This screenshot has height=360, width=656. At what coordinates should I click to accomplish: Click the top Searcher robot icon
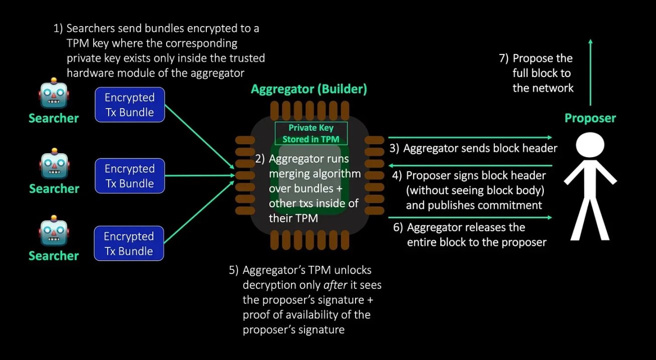pos(54,96)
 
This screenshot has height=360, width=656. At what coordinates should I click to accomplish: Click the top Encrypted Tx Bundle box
pos(130,105)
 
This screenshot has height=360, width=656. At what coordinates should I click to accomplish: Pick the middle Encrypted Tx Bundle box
pos(130,176)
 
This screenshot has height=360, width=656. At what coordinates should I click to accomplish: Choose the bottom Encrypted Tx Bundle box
pos(129,243)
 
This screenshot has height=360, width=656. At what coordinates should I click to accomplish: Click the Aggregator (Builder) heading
pos(309,89)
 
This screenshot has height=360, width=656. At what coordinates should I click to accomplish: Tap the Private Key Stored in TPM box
pos(311,133)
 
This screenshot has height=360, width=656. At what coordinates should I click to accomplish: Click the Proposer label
pos(590,118)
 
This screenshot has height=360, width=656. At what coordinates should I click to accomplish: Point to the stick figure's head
pos(590,146)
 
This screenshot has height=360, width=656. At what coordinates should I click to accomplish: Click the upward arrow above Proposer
pos(590,70)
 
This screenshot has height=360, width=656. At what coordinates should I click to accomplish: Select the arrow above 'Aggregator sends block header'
pos(470,137)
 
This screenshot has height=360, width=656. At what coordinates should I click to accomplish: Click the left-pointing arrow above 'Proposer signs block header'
pos(470,165)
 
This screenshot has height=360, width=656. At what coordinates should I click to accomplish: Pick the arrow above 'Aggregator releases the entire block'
pos(470,217)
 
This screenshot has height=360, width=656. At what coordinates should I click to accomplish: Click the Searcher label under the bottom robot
pos(54,256)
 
